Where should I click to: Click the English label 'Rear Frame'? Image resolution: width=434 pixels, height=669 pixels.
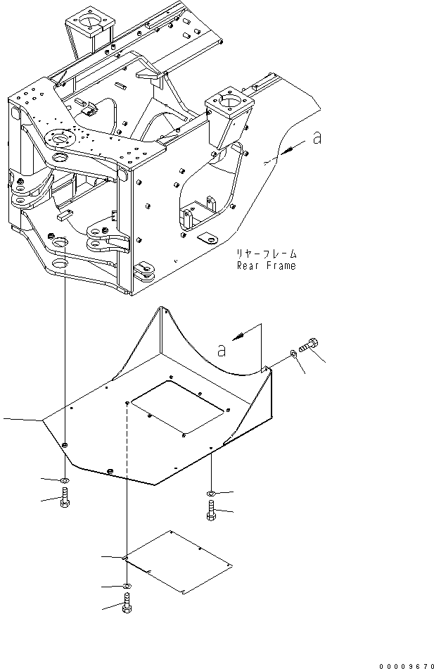click(267, 266)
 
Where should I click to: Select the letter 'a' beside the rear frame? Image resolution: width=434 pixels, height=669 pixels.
click(318, 139)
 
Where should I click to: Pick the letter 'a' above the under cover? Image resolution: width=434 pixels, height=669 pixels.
click(222, 347)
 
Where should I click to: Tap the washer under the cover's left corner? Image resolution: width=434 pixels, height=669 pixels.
click(64, 481)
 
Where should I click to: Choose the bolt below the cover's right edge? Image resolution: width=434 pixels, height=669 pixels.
click(212, 511)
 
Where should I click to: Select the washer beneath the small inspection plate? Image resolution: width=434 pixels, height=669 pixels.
click(125, 585)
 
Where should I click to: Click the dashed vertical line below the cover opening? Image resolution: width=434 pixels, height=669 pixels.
click(126, 479)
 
